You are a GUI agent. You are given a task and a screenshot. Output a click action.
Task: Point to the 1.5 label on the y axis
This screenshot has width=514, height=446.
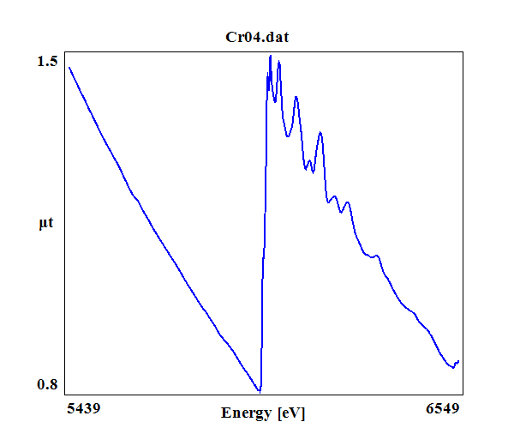(47, 61)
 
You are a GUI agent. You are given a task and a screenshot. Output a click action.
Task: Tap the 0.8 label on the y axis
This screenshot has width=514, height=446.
(47, 384)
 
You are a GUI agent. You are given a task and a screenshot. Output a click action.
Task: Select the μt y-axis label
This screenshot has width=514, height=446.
(46, 224)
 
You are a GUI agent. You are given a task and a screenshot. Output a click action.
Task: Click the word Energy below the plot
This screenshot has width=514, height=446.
(247, 413)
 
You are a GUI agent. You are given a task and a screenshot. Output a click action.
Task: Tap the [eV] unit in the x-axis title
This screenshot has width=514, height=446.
(290, 413)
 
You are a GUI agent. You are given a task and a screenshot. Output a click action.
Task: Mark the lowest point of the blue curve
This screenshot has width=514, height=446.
(260, 391)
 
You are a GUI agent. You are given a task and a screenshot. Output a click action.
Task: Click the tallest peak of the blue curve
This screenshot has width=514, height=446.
(270, 56)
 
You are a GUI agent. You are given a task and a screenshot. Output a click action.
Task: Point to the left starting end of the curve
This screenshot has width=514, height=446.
(69, 67)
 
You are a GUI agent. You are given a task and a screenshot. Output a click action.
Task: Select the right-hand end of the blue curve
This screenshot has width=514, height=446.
(458, 361)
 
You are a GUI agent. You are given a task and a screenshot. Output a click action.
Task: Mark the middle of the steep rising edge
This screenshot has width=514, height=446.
(264, 223)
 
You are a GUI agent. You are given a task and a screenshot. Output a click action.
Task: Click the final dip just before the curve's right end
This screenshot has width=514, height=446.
(453, 367)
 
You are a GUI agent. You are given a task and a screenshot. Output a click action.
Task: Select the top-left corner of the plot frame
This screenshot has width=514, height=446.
(64, 51)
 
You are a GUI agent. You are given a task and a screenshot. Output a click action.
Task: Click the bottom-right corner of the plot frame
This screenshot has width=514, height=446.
(463, 395)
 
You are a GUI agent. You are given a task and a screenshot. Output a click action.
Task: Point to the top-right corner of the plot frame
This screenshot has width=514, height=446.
(463, 51)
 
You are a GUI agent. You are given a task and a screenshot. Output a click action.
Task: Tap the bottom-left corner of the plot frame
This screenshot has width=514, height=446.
(64, 395)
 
